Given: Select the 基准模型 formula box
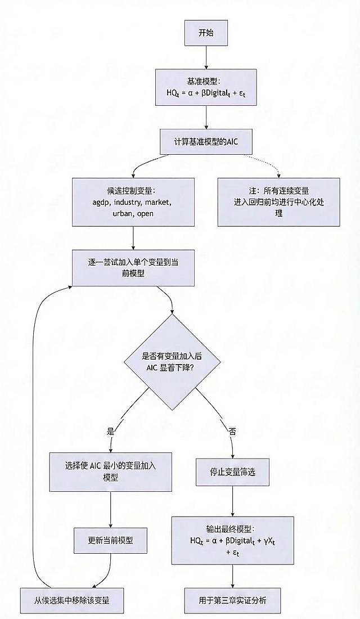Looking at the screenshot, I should coord(206,88).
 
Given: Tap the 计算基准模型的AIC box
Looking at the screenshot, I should coord(206,142).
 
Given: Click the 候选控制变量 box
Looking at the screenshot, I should coord(133,202).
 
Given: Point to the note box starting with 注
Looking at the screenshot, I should coord(278,202).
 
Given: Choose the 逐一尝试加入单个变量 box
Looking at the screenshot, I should coord(133,267).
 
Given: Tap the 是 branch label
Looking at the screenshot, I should coord(110,431).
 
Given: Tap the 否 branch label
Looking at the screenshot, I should coord(232,431).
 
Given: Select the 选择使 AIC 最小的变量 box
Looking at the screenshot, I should coord(110,472).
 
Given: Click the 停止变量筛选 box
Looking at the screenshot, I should coord(233,472).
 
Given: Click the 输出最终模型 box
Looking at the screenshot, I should coord(233,541).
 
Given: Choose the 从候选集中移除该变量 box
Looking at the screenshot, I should coord(72,600).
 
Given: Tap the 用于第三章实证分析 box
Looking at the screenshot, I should coord(233,600).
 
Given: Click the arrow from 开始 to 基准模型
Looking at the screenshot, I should coord(206,57).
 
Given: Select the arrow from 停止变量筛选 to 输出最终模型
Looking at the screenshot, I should coord(233,501).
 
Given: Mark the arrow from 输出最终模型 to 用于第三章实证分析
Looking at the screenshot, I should coord(233,576).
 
